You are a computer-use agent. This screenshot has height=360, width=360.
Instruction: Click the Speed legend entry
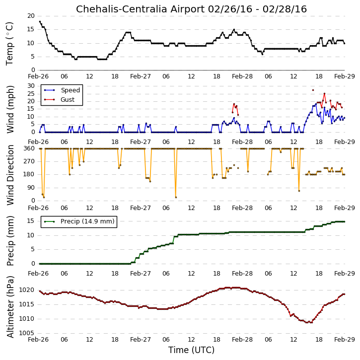tap(62, 90)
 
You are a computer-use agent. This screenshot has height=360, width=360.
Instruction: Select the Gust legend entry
tap(59, 100)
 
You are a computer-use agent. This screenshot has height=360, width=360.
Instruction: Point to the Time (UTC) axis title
tap(191, 350)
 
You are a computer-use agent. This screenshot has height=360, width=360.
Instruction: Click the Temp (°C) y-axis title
tap(9, 44)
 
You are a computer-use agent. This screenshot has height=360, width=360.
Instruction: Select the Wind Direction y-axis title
tap(10, 175)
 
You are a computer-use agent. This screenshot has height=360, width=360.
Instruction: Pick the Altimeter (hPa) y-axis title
tap(10, 307)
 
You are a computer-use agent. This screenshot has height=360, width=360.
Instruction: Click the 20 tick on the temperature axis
tap(31, 16)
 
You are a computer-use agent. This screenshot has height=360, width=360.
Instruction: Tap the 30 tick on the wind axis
tap(31, 86)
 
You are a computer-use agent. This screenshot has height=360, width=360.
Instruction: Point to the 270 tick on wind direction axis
tap(29, 161)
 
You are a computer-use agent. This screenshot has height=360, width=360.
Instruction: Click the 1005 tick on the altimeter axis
tap(26, 333)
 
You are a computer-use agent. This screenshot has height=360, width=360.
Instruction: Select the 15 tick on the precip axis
tap(31, 221)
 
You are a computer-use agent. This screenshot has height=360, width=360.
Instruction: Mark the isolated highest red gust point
tap(313, 90)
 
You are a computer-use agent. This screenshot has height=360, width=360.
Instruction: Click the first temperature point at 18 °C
tap(40, 21)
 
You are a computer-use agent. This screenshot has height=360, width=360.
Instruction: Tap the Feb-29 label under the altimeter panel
tap(345, 340)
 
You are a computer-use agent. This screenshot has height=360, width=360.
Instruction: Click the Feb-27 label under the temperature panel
tap(141, 76)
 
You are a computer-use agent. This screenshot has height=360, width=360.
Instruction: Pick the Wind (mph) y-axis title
tap(10, 109)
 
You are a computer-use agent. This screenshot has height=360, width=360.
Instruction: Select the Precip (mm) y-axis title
tap(10, 241)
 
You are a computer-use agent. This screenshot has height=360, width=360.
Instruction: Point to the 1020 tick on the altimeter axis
tap(26, 290)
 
